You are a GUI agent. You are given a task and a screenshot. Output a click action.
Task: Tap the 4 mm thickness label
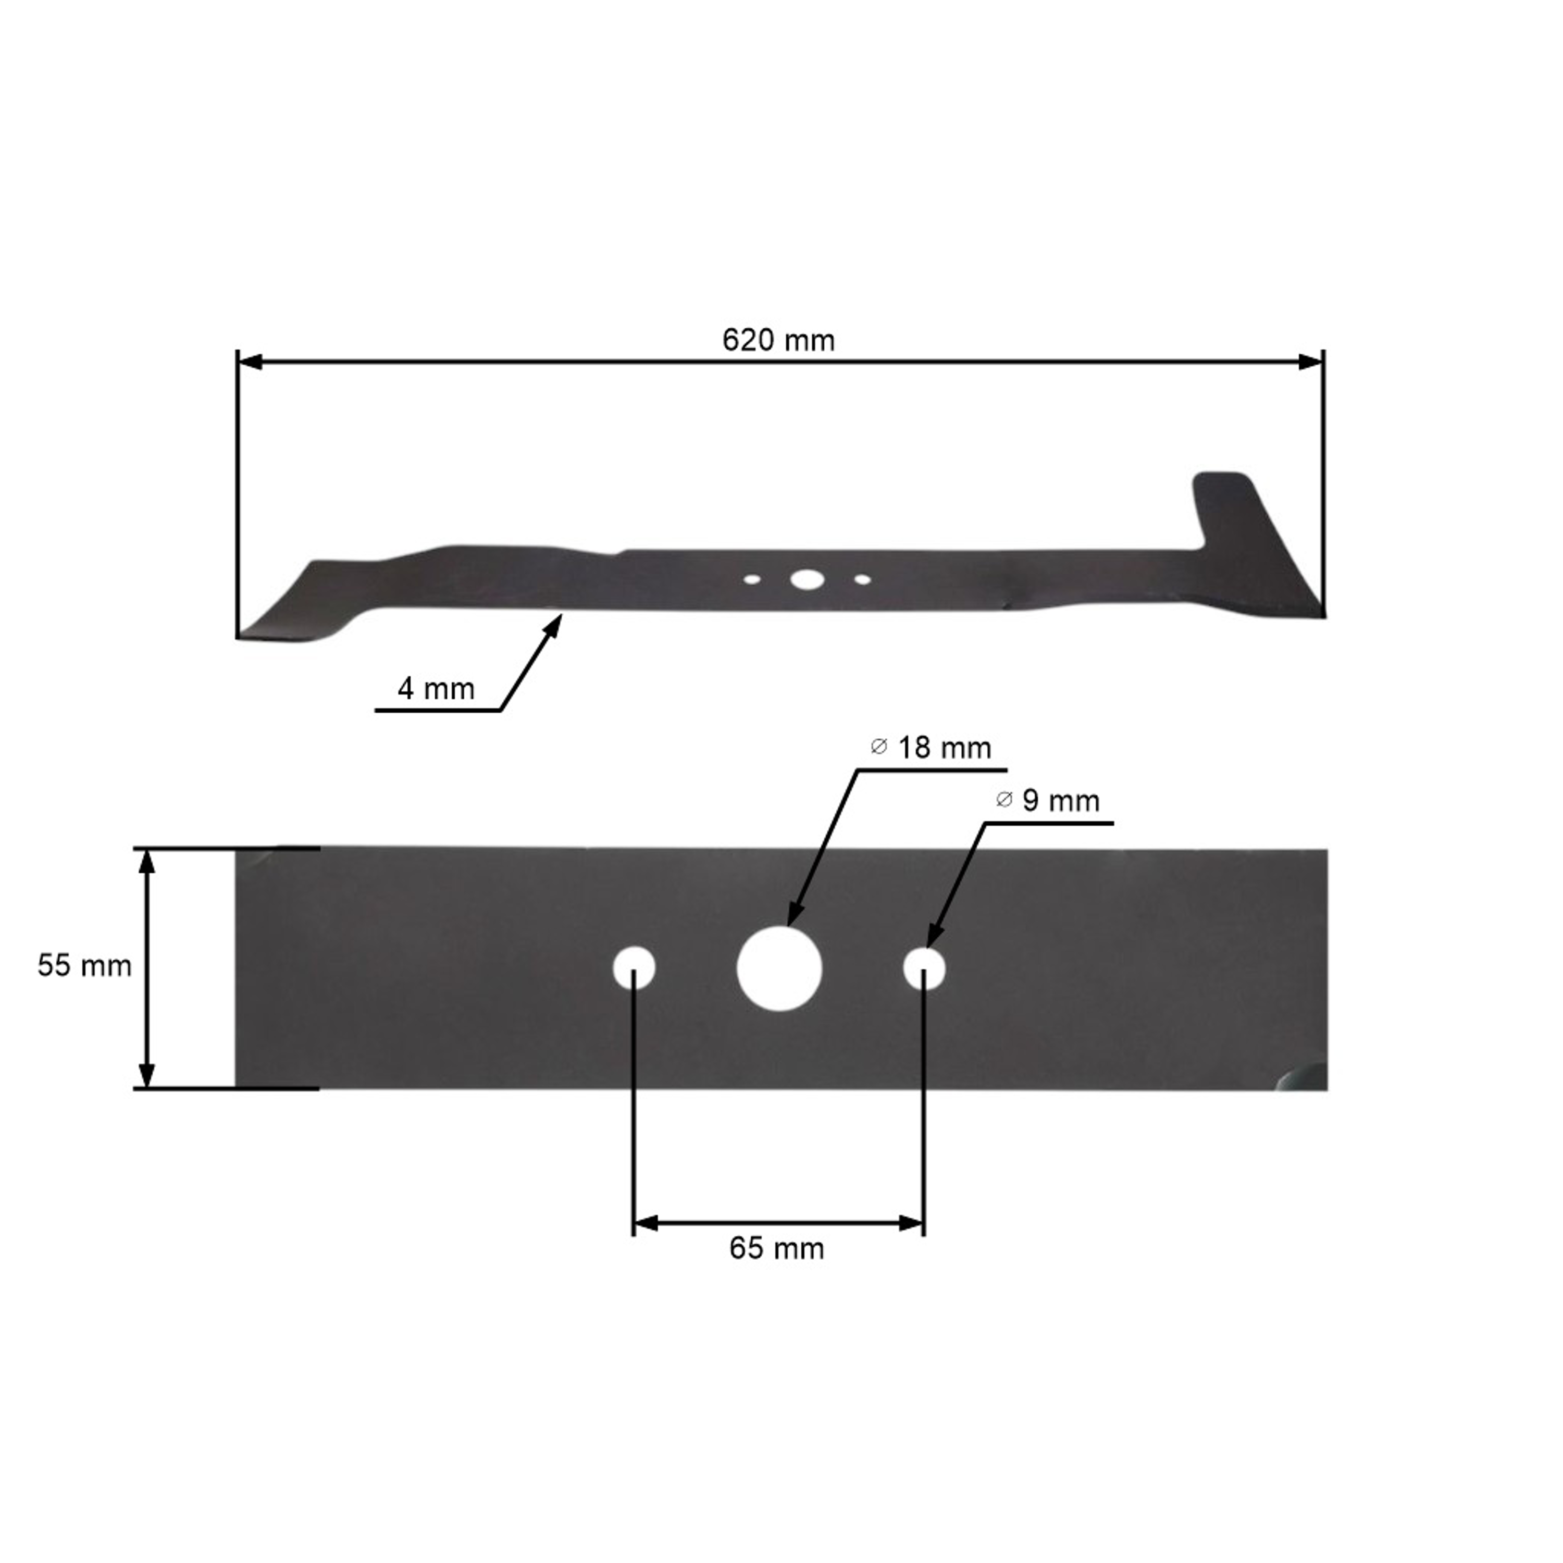pyautogui.click(x=436, y=689)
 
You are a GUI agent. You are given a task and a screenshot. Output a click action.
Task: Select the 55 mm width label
pyautogui.click(x=84, y=966)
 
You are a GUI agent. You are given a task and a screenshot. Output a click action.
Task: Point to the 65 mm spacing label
pyautogui.click(x=777, y=1248)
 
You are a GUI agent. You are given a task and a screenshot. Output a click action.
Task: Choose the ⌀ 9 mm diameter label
pyautogui.click(x=1048, y=801)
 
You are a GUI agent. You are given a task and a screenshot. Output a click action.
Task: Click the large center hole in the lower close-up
pyautogui.click(x=779, y=969)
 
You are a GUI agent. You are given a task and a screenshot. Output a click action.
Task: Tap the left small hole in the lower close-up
pyautogui.click(x=634, y=967)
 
